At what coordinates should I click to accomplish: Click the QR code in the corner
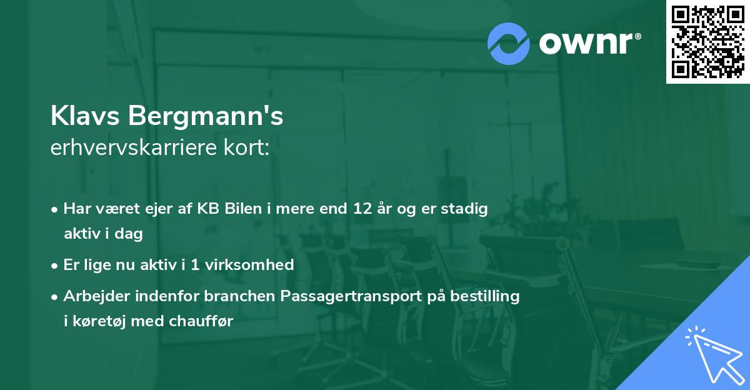[708, 42]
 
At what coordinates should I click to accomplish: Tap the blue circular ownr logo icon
[508, 44]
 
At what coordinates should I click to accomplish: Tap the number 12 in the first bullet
[362, 209]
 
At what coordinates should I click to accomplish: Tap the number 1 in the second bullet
[195, 264]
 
